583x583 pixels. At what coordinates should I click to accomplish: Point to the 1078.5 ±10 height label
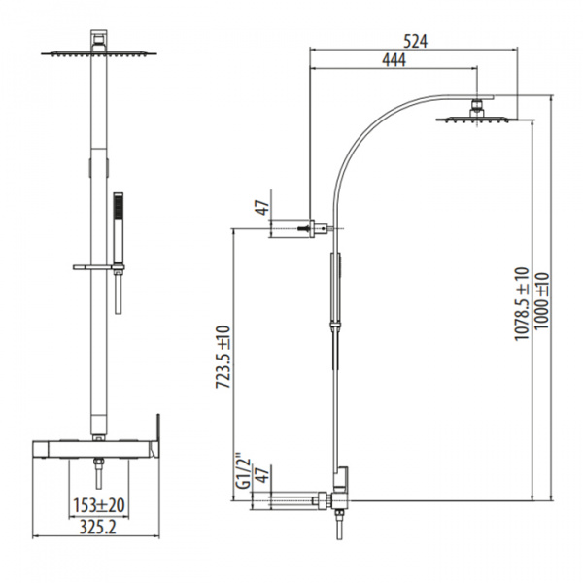[520, 302]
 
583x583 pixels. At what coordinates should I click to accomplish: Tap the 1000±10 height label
[540, 302]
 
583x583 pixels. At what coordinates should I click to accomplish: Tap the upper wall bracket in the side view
[298, 229]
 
